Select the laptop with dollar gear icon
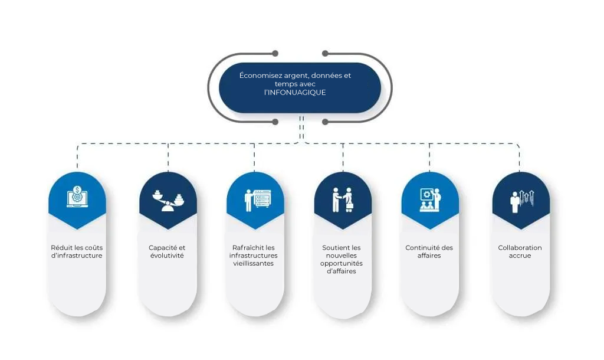(77, 197)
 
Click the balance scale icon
(168, 201)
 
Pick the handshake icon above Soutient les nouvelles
(343, 199)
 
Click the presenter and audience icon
(430, 199)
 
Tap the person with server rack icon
(258, 200)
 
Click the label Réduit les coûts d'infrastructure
(77, 251)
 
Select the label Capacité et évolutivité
(167, 251)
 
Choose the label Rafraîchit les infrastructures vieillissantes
(254, 256)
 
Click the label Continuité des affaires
(429, 251)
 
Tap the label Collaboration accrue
(520, 251)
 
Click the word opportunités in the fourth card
(342, 264)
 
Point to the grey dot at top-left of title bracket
(275, 53)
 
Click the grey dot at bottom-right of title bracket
(325, 122)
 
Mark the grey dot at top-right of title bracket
(325, 53)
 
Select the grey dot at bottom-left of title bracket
(275, 122)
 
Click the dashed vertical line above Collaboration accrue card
(519, 159)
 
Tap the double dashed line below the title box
(301, 127)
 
